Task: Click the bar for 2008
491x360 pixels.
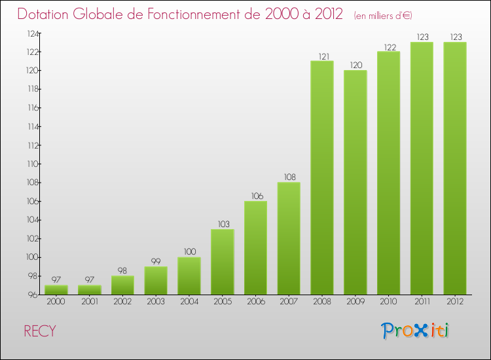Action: tap(322, 177)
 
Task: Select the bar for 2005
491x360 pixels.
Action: tap(222, 262)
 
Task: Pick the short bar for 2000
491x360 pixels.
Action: tap(56, 290)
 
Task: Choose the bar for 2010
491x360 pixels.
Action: tap(388, 173)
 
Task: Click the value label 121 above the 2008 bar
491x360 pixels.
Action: tap(322, 56)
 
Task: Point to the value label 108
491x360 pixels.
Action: tap(289, 177)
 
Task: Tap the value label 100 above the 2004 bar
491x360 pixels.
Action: tap(189, 252)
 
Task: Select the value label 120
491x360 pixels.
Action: tap(355, 65)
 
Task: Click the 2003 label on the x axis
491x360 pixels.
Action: tap(156, 302)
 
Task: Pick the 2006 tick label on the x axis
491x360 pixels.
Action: tap(255, 302)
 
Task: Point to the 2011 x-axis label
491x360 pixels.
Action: tap(422, 302)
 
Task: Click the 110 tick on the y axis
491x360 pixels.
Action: tap(32, 164)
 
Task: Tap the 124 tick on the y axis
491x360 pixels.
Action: tap(32, 33)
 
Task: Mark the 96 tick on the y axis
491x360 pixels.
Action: tap(33, 295)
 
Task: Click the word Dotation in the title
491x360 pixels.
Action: tap(47, 14)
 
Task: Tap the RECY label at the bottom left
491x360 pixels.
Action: tap(40, 332)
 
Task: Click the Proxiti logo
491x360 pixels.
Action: tap(415, 331)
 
